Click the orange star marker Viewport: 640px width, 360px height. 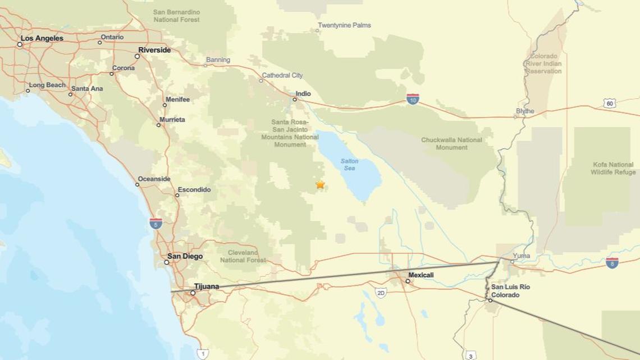320,184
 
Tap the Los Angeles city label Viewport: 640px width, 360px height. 42,38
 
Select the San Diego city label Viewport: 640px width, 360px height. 185,256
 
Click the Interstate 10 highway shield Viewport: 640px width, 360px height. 413,99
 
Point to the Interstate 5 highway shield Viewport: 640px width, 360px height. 156,224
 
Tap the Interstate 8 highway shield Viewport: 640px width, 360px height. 612,263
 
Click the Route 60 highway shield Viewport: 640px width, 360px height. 610,103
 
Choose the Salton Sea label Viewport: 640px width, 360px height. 349,165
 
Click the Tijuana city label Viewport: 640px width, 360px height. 207,286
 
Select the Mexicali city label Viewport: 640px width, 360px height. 420,275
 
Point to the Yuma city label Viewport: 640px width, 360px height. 521,256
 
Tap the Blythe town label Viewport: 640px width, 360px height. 525,111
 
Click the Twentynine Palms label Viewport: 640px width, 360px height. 344,25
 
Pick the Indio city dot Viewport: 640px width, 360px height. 294,99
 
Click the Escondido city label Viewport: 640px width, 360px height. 194,190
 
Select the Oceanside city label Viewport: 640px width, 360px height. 154,179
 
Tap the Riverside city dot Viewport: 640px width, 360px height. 137,56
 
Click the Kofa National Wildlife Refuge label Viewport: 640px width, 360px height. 613,168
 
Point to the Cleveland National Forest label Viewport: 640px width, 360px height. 243,256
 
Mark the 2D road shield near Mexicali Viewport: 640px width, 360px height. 381,293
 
